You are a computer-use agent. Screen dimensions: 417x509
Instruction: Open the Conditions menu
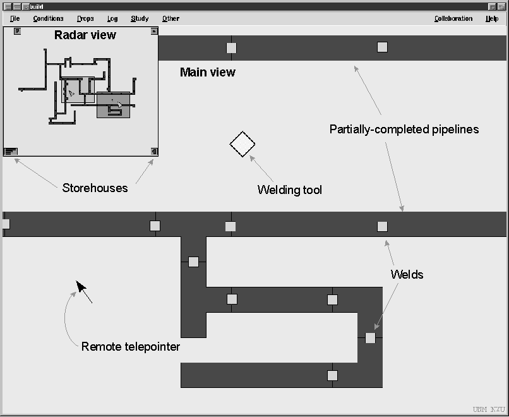tap(48, 19)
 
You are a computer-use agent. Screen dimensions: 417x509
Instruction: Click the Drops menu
tap(85, 19)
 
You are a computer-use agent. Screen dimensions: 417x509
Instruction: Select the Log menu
tap(112, 19)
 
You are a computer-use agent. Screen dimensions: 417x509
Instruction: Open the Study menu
tap(140, 19)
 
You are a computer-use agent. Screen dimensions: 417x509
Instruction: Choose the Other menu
tap(171, 19)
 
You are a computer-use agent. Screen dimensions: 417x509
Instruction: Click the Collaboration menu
tap(453, 19)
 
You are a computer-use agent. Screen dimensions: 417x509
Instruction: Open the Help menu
tap(492, 19)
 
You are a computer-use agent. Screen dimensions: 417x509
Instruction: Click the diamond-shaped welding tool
tap(243, 144)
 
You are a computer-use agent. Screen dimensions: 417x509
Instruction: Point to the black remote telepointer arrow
tap(81, 287)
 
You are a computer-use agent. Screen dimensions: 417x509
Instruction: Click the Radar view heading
tap(85, 35)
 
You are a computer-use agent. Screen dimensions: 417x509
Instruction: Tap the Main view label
tap(207, 73)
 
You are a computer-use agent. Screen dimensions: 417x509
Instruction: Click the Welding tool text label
tap(289, 190)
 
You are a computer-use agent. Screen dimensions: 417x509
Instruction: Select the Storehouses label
tap(95, 188)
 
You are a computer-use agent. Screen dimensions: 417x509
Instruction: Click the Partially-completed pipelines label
tap(404, 130)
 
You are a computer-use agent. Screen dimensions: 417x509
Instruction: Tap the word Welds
tap(407, 274)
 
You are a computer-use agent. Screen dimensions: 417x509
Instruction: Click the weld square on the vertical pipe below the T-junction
tap(193, 262)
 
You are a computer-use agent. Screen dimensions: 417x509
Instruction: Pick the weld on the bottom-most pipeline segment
tap(332, 375)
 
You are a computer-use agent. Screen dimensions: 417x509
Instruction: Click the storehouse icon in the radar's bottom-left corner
tap(11, 151)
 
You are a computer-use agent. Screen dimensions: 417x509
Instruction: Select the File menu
tap(15, 19)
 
